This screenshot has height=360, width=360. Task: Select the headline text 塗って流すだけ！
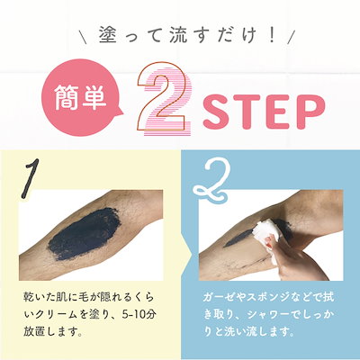tap(180, 39)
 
